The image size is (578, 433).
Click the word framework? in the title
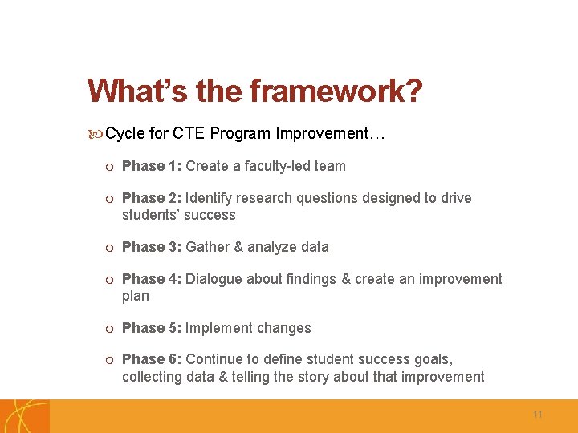336,92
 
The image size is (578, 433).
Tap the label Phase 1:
152,166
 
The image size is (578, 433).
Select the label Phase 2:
152,198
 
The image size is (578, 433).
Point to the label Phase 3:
152,247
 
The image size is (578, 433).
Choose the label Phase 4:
152,279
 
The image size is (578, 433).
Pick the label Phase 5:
152,328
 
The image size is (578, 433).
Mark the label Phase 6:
152,360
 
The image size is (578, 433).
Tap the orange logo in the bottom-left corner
24,416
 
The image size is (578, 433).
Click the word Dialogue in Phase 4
213,279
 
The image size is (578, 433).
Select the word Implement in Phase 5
218,328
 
